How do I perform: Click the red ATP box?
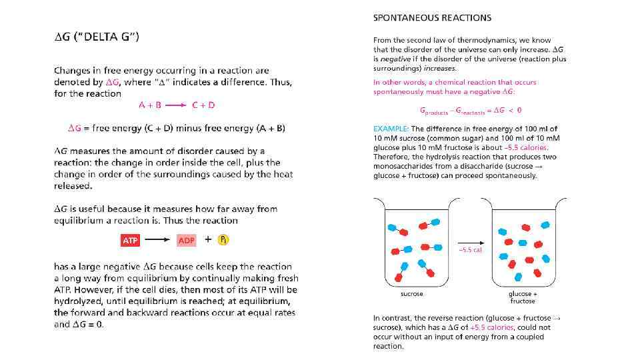tap(130, 240)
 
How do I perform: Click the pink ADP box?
tap(187, 240)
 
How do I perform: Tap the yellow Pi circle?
tap(223, 239)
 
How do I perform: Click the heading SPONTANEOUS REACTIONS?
tap(432, 18)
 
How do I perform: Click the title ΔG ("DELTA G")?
tap(97, 37)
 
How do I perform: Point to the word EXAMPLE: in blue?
tap(391, 129)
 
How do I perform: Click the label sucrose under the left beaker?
tap(411, 294)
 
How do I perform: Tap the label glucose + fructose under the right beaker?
tap(523, 297)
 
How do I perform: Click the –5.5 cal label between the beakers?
tap(470, 250)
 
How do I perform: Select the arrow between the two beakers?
tap(470, 242)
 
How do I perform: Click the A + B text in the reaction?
tap(150, 105)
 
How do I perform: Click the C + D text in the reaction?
tap(203, 105)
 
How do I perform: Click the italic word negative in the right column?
tap(391, 59)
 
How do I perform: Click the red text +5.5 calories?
tap(492, 327)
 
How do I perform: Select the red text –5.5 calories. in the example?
tap(527, 147)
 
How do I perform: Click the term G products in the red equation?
tap(433, 111)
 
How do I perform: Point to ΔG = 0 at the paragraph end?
tap(87, 325)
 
